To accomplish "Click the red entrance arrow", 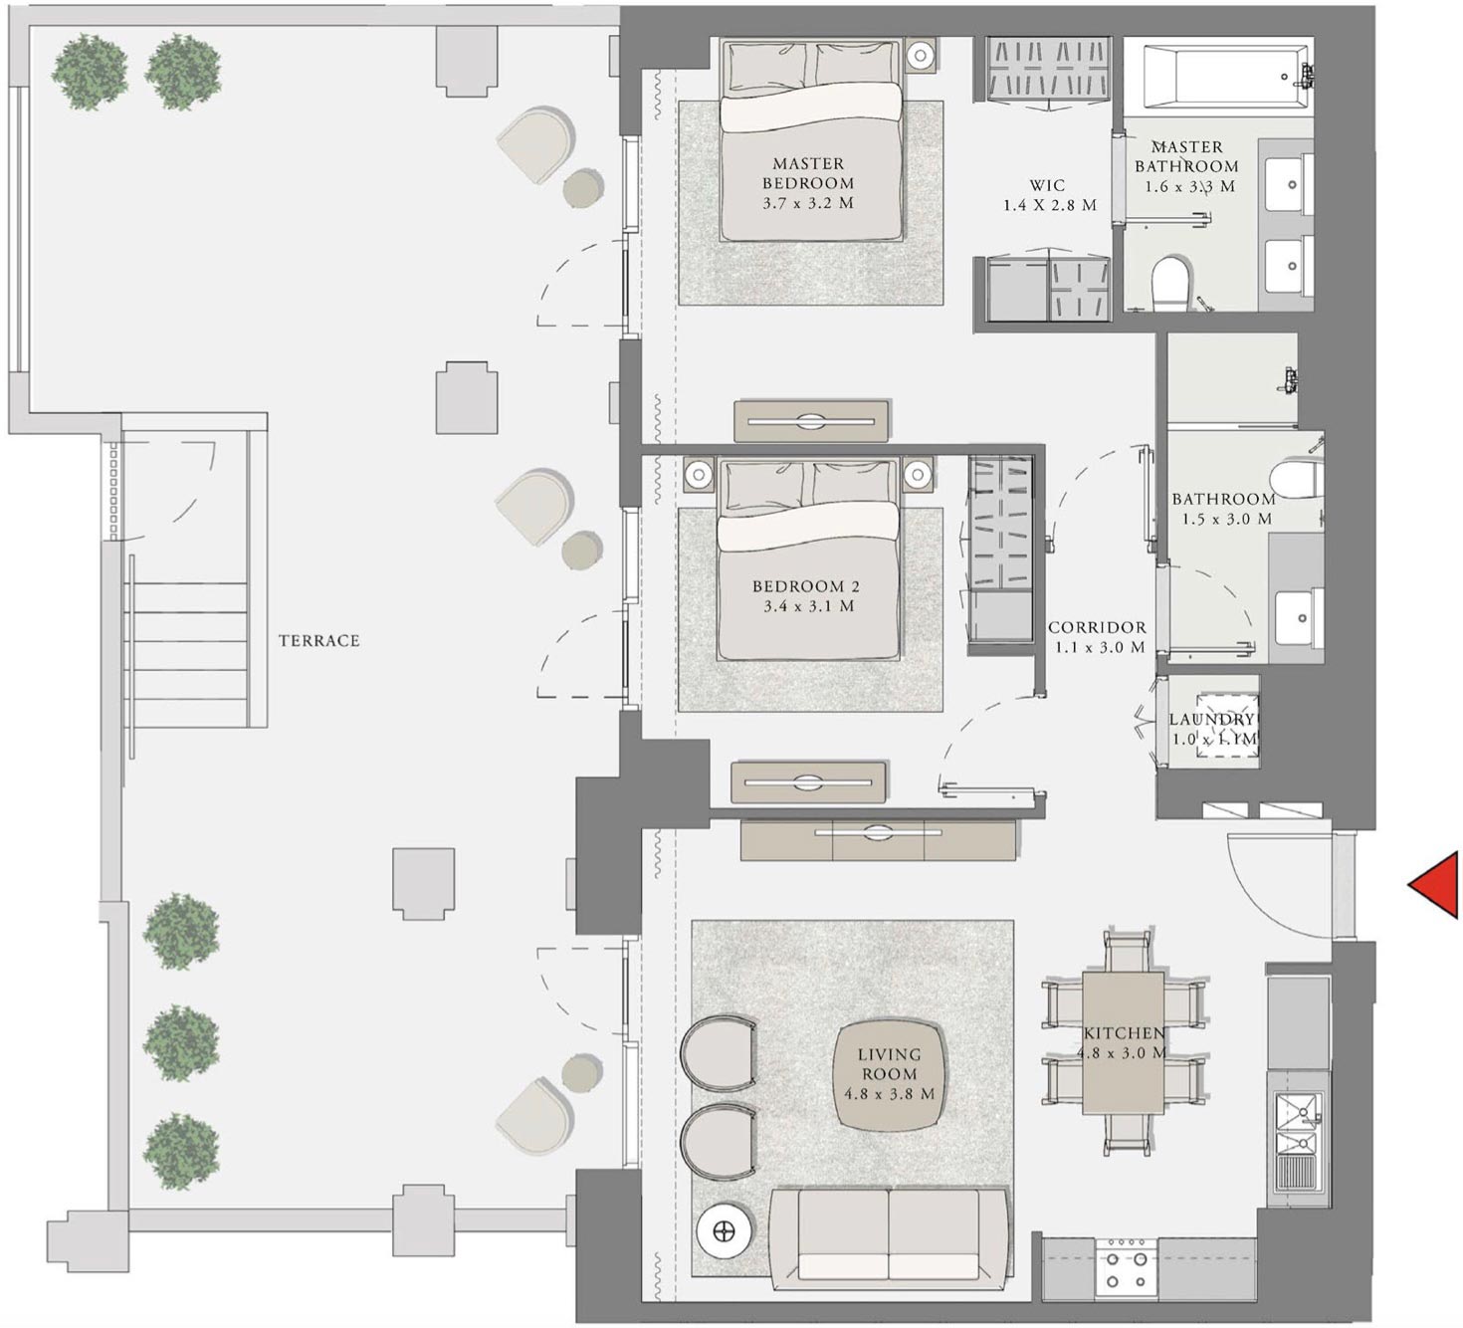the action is (x=1435, y=884).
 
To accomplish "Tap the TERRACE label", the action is (x=318, y=641).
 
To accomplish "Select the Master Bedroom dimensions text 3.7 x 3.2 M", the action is (x=808, y=203).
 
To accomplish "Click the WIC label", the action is (x=1048, y=185).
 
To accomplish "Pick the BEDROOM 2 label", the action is (x=806, y=586).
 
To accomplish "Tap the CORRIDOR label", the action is (x=1097, y=627).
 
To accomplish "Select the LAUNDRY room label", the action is (x=1212, y=720).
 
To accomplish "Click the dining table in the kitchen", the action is (x=1123, y=1042).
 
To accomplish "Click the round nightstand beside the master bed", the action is (x=922, y=54).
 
